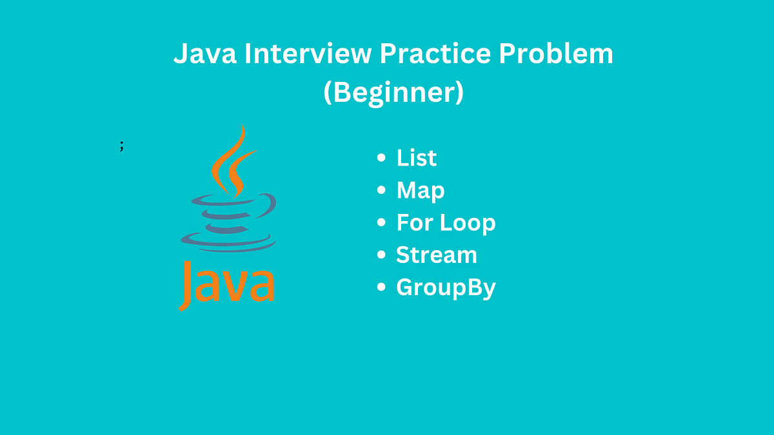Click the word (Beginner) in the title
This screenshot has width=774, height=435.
click(393, 93)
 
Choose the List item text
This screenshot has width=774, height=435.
click(417, 158)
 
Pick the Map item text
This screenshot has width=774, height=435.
click(421, 190)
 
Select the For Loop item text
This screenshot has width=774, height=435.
click(446, 223)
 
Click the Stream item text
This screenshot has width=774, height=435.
click(437, 255)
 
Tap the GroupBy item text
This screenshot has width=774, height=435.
click(446, 288)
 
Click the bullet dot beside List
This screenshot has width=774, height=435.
click(382, 158)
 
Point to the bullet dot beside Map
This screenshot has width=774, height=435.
click(382, 190)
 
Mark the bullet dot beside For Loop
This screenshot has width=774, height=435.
click(382, 223)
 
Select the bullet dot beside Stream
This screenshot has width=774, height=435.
click(382, 255)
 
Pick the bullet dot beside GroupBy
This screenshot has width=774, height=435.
click(382, 287)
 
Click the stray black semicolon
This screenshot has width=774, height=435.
click(121, 146)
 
